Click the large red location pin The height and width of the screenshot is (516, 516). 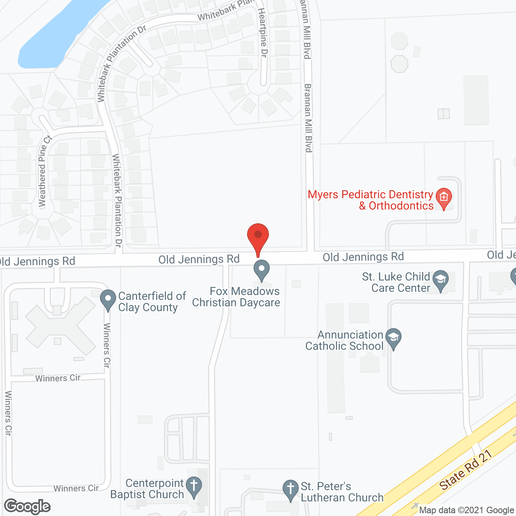pyautogui.click(x=258, y=236)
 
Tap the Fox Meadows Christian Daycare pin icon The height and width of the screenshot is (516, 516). pyautogui.click(x=262, y=269)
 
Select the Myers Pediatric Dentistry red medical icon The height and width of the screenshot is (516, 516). pyautogui.click(x=444, y=198)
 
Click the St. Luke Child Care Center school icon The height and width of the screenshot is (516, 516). pyautogui.click(x=440, y=279)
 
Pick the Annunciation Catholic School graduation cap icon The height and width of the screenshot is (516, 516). pyautogui.click(x=393, y=338)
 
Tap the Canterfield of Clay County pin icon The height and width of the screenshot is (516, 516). pyautogui.click(x=108, y=300)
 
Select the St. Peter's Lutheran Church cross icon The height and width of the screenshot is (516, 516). pyautogui.click(x=290, y=489)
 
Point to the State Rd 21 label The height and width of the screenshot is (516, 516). pyautogui.click(x=466, y=470)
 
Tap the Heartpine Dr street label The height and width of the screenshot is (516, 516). pyautogui.click(x=263, y=32)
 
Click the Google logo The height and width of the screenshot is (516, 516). pyautogui.click(x=27, y=506)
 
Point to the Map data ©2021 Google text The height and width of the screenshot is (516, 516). pyautogui.click(x=466, y=510)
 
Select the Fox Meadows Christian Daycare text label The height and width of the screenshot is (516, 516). pyautogui.click(x=236, y=297)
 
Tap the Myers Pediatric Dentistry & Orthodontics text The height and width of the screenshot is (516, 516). pyautogui.click(x=370, y=200)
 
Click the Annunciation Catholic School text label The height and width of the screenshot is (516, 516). pyautogui.click(x=345, y=341)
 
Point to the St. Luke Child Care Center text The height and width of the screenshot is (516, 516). pyautogui.click(x=396, y=283)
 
